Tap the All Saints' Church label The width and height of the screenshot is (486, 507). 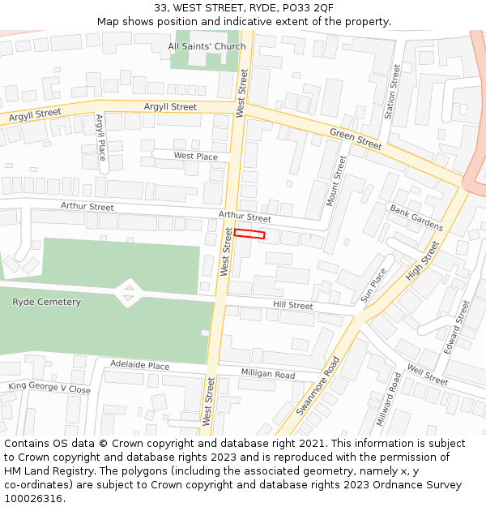pos(207,46)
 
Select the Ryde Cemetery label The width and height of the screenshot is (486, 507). pos(46,302)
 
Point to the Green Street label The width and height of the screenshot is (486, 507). pos(356,138)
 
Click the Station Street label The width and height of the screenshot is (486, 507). pos(393,92)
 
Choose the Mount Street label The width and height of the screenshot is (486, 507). pos(335,182)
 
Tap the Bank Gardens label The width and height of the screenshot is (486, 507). pos(416,217)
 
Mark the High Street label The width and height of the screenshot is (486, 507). pos(422,260)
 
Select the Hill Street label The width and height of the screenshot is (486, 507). pos(292,306)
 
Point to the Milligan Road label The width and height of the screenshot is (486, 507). pos(268,374)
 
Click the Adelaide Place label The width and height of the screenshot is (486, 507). pos(140,366)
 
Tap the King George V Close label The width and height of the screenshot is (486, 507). pos(49,388)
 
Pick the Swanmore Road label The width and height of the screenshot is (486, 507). pos(318,386)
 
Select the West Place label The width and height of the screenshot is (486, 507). pos(195,156)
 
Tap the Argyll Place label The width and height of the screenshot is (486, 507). pos(101,136)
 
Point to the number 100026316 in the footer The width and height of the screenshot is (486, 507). pos(33,498)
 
